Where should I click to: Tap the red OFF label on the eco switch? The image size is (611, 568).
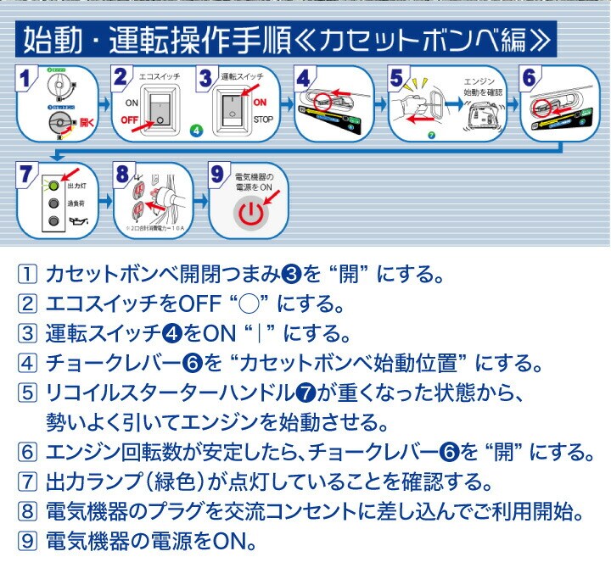pos(130,121)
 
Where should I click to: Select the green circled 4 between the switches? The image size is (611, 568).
pos(196,131)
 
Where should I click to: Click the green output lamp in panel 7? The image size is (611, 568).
pos(53,184)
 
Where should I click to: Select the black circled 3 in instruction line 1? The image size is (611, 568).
pos(291,274)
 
